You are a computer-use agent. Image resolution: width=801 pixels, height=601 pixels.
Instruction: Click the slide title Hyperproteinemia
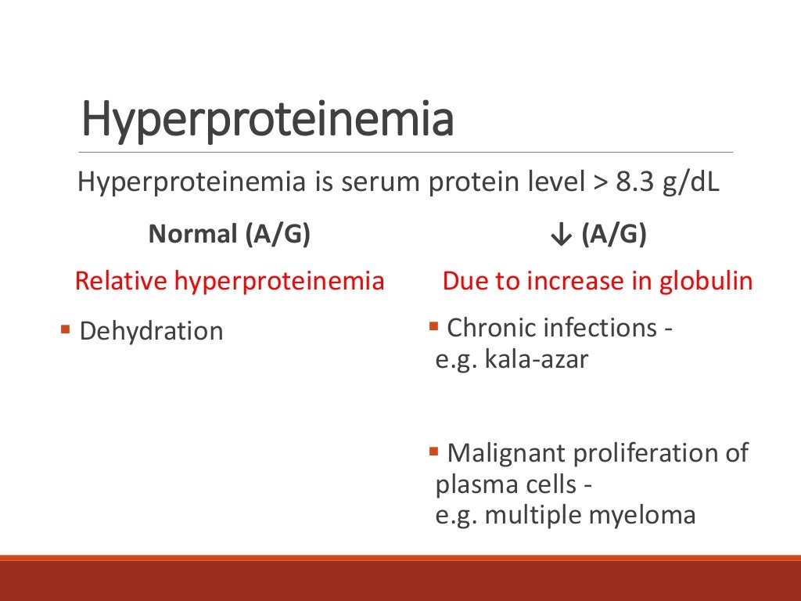pos(268,119)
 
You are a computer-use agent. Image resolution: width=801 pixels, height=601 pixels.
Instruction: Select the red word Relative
pos(121,281)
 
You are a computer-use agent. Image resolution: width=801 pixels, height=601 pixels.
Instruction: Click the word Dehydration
pos(152,331)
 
